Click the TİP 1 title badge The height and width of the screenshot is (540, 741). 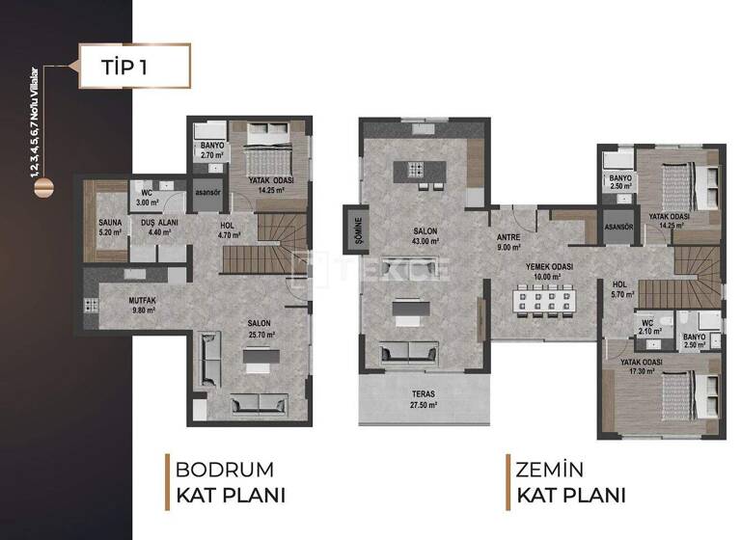[128, 67]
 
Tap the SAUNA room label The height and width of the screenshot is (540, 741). [110, 227]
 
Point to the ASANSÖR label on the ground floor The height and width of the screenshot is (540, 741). [618, 228]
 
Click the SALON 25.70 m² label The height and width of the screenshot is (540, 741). [258, 329]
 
